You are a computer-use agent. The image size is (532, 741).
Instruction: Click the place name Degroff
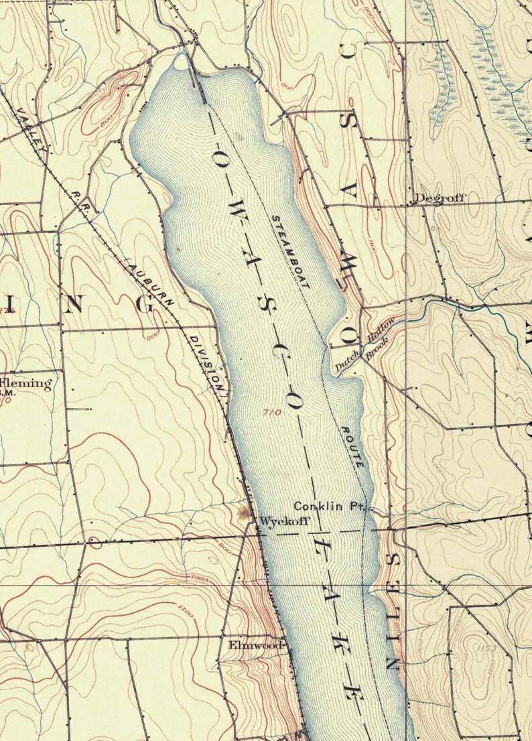(x=439, y=198)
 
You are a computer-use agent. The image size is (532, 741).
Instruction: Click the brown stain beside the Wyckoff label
(x=242, y=513)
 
